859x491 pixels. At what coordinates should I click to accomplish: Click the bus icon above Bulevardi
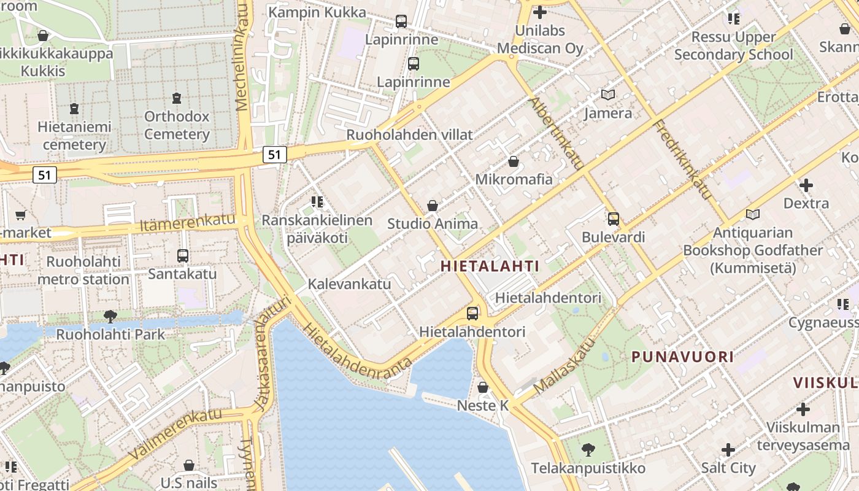pyautogui.click(x=613, y=218)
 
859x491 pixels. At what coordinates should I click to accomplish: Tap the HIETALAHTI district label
pyautogui.click(x=490, y=266)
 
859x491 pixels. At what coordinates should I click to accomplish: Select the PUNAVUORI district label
pyautogui.click(x=682, y=357)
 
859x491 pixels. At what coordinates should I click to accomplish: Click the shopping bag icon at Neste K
pyautogui.click(x=483, y=387)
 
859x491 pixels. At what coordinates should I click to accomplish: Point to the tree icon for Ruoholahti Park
pyautogui.click(x=110, y=316)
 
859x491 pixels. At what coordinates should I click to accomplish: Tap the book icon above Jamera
pyautogui.click(x=607, y=95)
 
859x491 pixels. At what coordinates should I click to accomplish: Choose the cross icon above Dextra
pyautogui.click(x=806, y=185)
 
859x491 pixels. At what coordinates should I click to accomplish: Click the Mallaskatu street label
pyautogui.click(x=565, y=367)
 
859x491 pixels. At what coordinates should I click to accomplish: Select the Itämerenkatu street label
pyautogui.click(x=187, y=223)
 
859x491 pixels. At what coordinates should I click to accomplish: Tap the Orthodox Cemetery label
pyautogui.click(x=177, y=125)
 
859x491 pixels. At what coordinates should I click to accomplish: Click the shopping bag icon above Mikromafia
pyautogui.click(x=513, y=161)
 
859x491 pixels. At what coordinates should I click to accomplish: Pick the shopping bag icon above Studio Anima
pyautogui.click(x=433, y=206)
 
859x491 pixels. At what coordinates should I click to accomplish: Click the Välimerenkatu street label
pyautogui.click(x=175, y=433)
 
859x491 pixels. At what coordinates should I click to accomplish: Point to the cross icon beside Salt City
pyautogui.click(x=728, y=450)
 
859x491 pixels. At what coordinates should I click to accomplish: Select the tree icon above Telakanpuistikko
pyautogui.click(x=588, y=450)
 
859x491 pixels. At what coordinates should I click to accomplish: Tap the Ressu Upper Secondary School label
pyautogui.click(x=733, y=45)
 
